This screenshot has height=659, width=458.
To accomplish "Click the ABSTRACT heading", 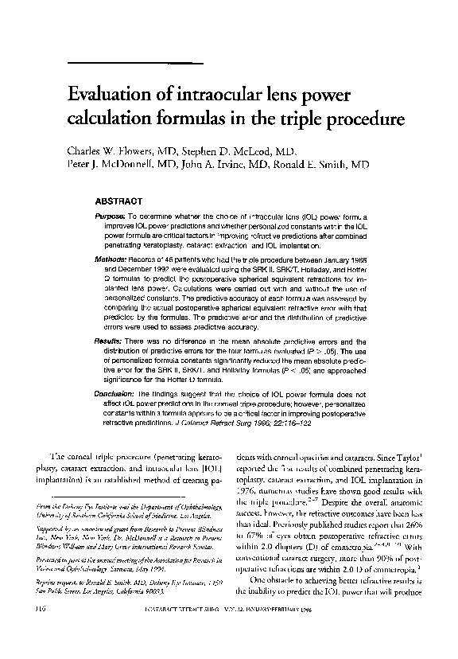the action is (x=118, y=201).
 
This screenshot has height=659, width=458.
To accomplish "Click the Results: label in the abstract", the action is (x=109, y=339).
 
